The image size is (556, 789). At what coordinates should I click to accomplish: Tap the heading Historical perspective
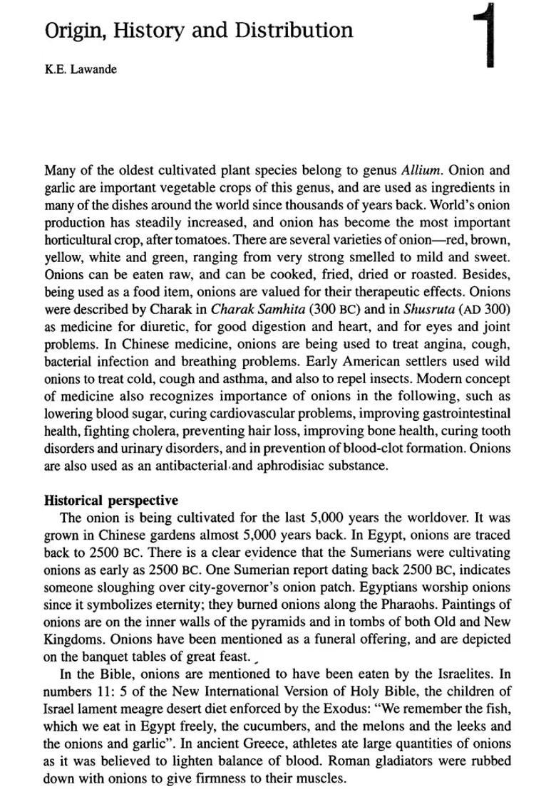[111, 501]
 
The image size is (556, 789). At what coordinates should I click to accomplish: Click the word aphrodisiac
[294, 466]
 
